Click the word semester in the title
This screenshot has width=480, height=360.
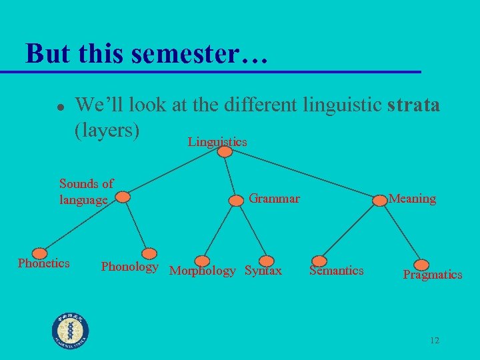[185, 55]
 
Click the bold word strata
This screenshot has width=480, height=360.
[413, 105]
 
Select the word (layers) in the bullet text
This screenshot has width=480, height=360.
[107, 130]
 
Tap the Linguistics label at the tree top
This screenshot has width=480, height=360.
[217, 141]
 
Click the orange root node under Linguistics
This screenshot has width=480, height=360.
[225, 152]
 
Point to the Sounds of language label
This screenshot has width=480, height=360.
[86, 191]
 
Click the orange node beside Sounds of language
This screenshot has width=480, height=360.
[123, 197]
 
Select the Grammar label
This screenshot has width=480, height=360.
[274, 198]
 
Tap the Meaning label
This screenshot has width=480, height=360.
[412, 199]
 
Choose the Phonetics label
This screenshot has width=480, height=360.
[43, 263]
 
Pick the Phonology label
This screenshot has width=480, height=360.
[129, 267]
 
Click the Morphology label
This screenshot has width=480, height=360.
[203, 271]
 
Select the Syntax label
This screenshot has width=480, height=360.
[263, 271]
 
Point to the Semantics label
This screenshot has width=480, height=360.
[336, 270]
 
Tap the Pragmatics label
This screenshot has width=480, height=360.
[432, 274]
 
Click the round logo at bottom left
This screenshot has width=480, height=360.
[71, 331]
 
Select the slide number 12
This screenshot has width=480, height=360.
[434, 341]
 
